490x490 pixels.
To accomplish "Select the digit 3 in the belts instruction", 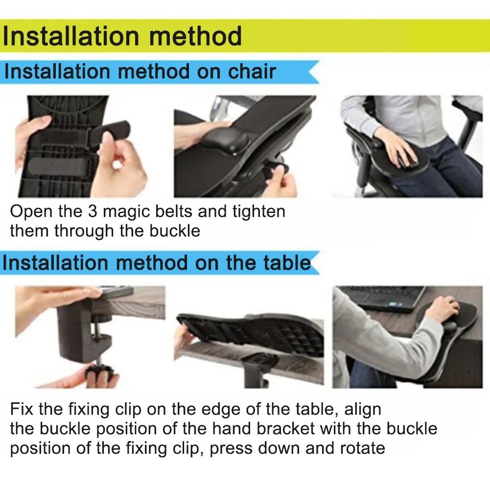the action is [93, 211].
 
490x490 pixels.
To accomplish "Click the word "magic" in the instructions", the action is [127, 212].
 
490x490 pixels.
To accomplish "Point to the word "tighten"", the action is [259, 212].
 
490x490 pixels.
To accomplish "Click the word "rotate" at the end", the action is [363, 448].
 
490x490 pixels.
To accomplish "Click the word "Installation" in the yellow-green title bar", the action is [70, 36].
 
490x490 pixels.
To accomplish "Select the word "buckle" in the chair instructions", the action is [175, 231].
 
